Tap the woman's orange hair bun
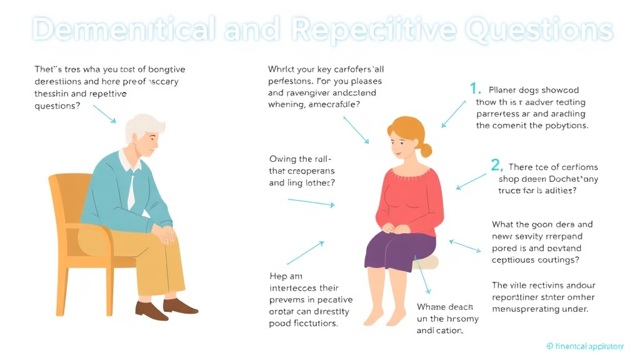click(426, 150)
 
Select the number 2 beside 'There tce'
click(496, 166)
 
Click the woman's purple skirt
click(397, 250)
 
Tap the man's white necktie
click(132, 191)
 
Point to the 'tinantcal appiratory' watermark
click(584, 345)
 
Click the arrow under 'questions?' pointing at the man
click(104, 113)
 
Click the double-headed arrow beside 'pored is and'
click(466, 246)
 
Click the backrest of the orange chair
click(66, 206)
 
